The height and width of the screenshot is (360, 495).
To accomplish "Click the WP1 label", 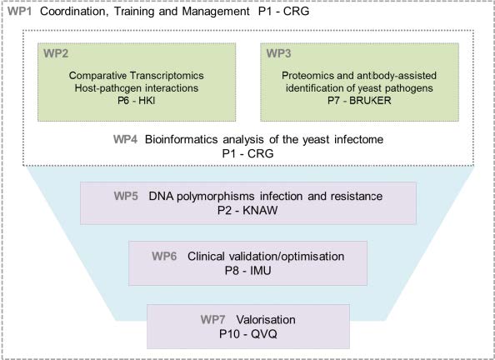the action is point(19,12).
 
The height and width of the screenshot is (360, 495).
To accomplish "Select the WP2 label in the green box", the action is point(56,53).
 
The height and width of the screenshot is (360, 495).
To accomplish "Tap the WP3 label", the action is point(278,53).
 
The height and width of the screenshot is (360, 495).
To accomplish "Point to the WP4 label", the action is point(125,139).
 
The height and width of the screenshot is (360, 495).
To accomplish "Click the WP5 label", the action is point(126,196).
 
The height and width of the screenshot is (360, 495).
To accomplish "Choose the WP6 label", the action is point(164,256).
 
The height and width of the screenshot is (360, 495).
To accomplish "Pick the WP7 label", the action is point(212,319).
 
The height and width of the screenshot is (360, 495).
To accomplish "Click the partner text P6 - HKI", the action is point(137,101).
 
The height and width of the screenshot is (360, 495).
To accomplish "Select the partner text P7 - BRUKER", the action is point(359,101).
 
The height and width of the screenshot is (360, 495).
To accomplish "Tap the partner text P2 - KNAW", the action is point(247,210).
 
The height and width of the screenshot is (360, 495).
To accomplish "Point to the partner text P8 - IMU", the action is point(247,271).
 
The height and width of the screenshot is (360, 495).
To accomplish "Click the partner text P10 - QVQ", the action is point(248,334).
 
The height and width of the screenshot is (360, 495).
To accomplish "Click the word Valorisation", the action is point(266,319).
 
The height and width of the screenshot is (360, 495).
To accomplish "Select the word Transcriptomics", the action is point(167,76).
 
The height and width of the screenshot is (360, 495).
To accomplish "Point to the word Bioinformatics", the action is point(181,139).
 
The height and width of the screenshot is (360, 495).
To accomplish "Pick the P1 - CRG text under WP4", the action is point(247,153).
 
